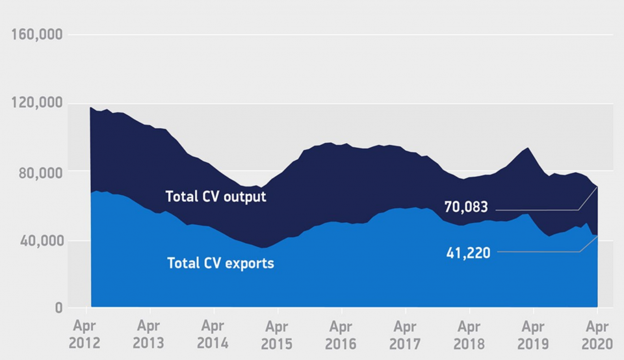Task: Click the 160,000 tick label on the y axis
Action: click(37, 34)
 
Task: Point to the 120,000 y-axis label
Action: click(37, 103)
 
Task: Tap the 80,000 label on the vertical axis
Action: click(40, 172)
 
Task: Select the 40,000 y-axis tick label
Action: click(40, 241)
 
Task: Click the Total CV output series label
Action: click(216, 196)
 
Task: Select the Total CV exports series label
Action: click(220, 264)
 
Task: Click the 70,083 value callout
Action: click(466, 207)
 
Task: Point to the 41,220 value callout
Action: click(467, 253)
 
